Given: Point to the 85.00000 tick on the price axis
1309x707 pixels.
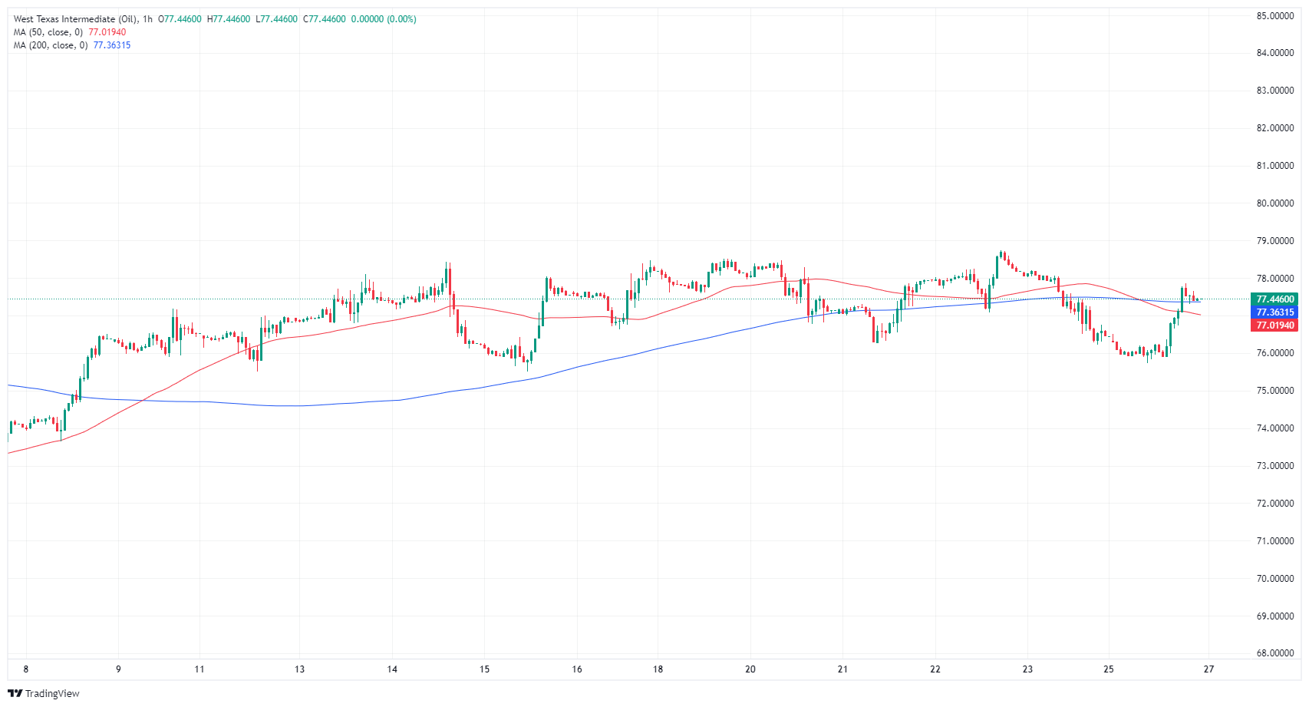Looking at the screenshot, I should [x=1274, y=15].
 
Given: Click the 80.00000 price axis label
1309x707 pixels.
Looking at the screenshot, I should [x=1274, y=203].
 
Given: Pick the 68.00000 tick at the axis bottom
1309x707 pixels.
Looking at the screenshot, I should [x=1274, y=653].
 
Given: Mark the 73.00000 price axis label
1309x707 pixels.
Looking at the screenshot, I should [x=1274, y=466].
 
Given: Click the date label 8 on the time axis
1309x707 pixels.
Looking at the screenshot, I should [x=26, y=669].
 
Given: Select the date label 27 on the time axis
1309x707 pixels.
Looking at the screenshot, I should [x=1208, y=669].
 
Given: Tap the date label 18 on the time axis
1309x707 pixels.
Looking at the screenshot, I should [x=658, y=669].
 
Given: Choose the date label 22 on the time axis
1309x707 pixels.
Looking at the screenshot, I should [x=935, y=669].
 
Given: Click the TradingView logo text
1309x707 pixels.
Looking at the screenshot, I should [x=51, y=694].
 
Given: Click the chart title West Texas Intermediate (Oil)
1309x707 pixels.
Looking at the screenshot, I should [x=75, y=19].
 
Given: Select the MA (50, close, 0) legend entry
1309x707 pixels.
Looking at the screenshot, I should [x=48, y=32].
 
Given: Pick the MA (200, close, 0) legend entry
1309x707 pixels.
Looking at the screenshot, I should [x=51, y=45].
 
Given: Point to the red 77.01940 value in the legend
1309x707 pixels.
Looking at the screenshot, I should [x=107, y=32].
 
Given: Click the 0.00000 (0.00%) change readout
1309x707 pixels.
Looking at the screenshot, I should [x=384, y=19].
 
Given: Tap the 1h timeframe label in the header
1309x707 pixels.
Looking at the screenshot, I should [x=147, y=19].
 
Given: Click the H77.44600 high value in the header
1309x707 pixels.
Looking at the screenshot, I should [x=229, y=19].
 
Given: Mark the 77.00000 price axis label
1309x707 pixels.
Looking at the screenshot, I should [x=1274, y=316].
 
